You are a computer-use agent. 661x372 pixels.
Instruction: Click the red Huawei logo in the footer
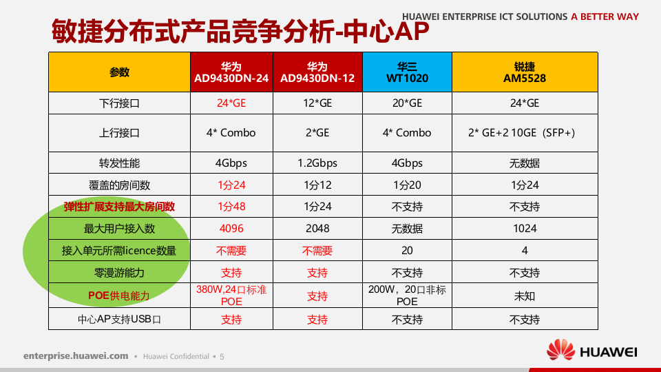(561, 349)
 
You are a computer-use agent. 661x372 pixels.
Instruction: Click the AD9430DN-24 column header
(231, 72)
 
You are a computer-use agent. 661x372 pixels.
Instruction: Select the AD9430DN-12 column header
(317, 72)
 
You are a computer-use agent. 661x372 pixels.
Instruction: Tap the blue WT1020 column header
(407, 72)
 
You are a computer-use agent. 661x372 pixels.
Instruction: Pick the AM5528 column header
(525, 72)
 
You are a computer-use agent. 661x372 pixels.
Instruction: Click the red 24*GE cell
(231, 103)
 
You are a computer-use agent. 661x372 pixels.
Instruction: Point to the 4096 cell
(231, 229)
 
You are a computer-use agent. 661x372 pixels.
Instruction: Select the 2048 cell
(317, 229)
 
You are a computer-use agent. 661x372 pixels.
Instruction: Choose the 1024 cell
(525, 229)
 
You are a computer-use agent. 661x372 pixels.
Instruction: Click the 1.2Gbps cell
(317, 163)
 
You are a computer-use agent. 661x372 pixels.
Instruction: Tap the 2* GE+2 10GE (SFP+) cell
(525, 133)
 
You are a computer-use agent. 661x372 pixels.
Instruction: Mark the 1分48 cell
(231, 207)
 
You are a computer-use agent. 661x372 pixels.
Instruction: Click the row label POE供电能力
(119, 296)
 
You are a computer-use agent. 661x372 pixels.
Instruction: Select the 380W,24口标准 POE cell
(231, 296)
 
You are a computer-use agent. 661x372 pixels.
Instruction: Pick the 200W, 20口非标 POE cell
(407, 296)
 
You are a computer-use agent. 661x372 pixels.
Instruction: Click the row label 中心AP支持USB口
(119, 320)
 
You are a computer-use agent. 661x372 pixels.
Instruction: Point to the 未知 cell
(525, 296)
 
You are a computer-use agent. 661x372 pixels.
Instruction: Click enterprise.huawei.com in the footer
(76, 356)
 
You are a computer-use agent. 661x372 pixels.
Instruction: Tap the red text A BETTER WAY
(605, 17)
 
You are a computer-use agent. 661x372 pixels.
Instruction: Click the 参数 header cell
(119, 72)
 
